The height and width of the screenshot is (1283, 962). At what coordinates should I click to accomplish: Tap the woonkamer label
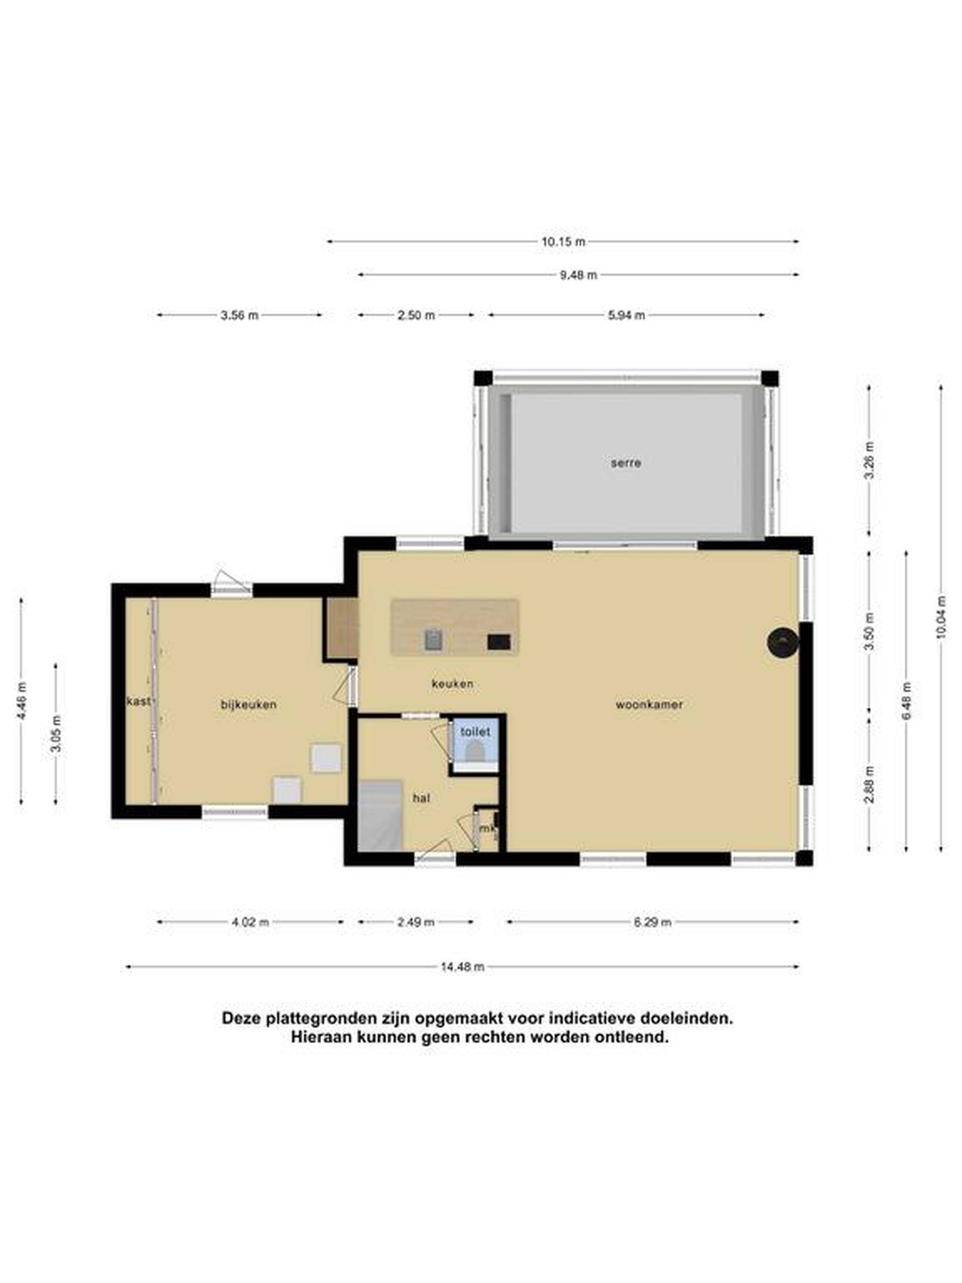pos(649,705)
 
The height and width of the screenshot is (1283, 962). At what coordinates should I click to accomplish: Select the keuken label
pos(452,684)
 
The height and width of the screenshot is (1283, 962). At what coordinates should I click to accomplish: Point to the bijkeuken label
pos(248,705)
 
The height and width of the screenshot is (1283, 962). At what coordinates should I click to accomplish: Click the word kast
pos(138,701)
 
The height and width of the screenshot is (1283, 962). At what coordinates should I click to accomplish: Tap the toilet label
pos(475,732)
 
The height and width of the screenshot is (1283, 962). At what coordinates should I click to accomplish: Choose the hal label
pos(421,798)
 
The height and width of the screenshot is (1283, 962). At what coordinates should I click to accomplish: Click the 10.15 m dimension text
pos(563,242)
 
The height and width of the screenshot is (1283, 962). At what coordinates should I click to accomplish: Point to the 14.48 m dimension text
pos(462,967)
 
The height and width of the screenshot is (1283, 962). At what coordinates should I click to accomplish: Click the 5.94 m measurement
pos(626,315)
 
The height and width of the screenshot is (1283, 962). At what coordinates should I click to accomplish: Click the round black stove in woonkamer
pos(782,642)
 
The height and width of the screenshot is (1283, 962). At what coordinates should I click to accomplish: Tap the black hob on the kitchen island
pos(498,641)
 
